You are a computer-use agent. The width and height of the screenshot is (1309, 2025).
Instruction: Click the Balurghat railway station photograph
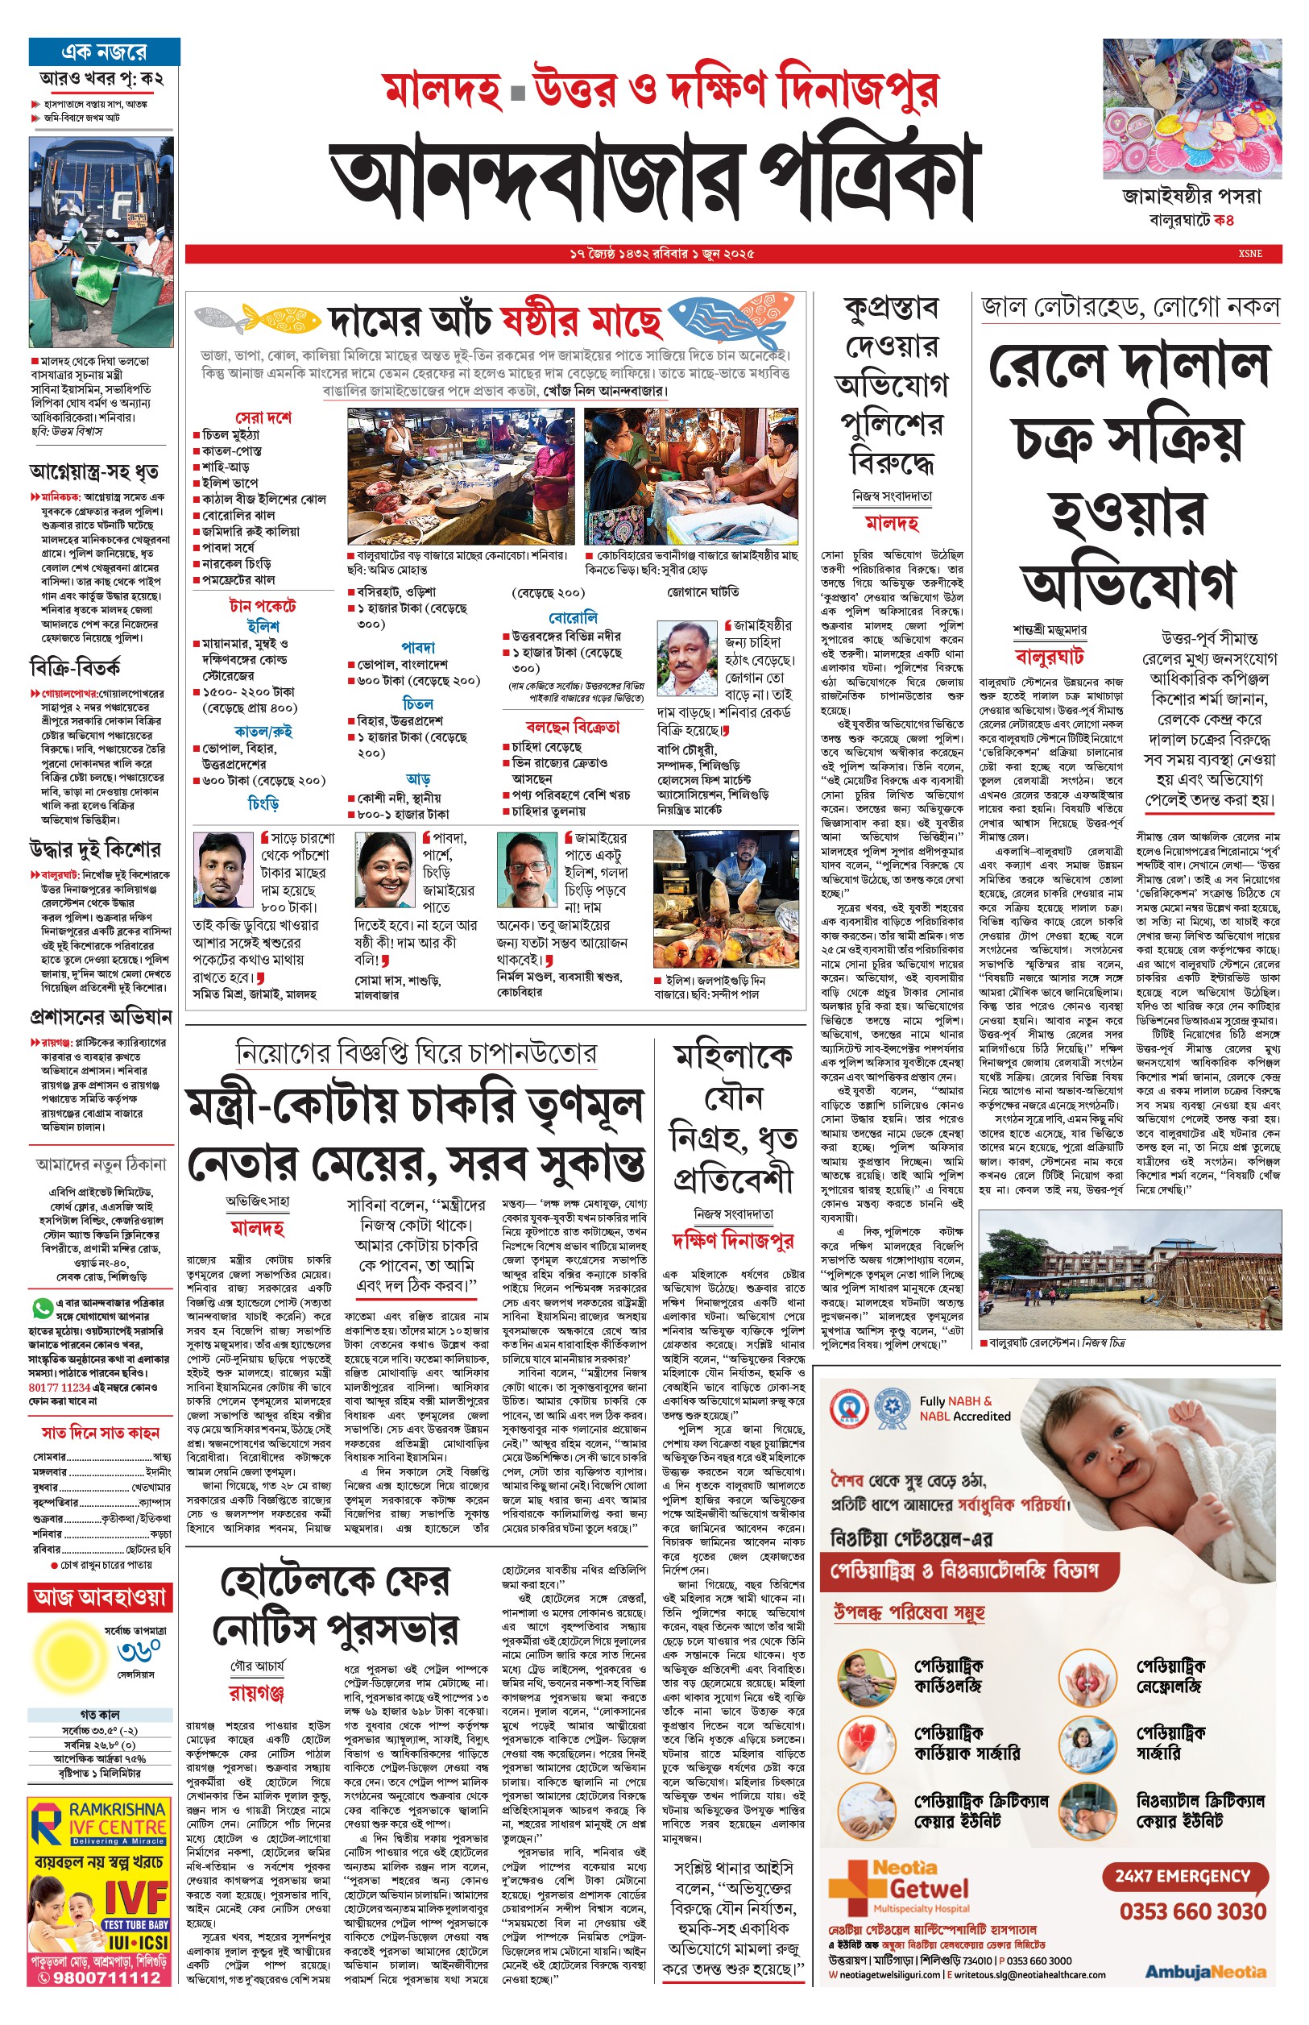point(1129,1272)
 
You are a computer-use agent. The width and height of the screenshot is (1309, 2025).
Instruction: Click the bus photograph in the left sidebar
point(101,243)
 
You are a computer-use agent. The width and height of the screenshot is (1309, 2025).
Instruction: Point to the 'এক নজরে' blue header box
point(104,52)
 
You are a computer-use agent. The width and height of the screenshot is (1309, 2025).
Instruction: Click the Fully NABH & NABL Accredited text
point(964,1408)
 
